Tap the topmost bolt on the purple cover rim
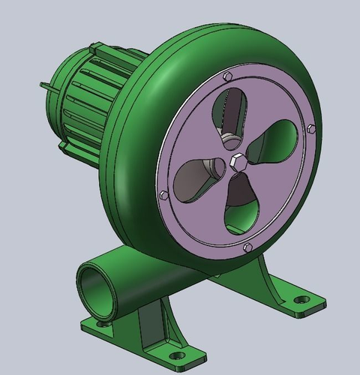226,76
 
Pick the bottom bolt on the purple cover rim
247,247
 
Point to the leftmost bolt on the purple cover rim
163,195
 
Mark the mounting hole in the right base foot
301,299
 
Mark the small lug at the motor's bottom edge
60,140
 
